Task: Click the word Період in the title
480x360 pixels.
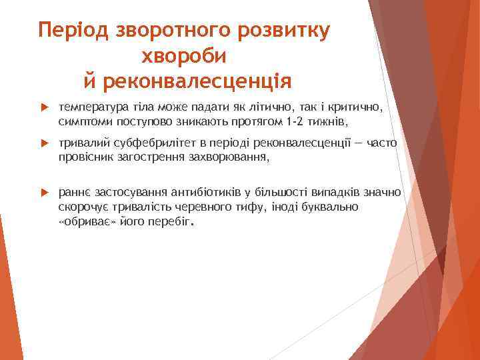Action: coord(73,31)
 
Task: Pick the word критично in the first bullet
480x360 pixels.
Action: coord(359,107)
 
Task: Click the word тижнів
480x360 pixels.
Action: coord(327,121)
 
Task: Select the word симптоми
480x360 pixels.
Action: coord(83,121)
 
